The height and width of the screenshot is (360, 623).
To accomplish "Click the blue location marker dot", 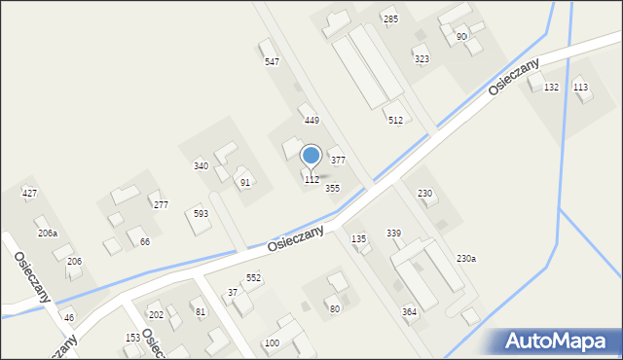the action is click(x=311, y=155).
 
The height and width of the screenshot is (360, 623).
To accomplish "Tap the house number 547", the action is click(x=273, y=62).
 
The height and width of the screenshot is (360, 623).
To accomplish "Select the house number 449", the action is click(x=311, y=121).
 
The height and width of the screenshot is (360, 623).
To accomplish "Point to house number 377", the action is click(x=338, y=160).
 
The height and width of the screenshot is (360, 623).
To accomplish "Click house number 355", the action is click(x=332, y=188).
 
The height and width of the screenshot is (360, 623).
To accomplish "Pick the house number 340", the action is click(x=201, y=166).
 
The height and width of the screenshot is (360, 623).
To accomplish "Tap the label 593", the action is click(x=201, y=213).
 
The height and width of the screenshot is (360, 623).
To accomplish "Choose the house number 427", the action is click(x=30, y=194).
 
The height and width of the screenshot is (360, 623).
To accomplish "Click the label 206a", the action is click(x=48, y=234).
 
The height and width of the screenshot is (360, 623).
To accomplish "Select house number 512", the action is click(x=395, y=121).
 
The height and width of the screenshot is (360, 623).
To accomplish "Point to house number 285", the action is click(x=390, y=19).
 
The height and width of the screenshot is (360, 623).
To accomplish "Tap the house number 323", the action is click(x=421, y=59).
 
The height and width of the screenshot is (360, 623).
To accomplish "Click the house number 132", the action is click(x=551, y=88).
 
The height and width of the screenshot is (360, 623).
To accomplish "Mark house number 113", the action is click(x=580, y=88).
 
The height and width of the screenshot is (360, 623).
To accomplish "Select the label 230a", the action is click(x=466, y=259).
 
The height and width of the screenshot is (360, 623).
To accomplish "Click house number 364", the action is click(x=409, y=311).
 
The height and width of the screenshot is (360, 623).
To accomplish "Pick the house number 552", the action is click(x=253, y=278).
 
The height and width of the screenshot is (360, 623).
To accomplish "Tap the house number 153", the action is click(x=132, y=338).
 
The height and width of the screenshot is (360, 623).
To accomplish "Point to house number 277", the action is click(x=161, y=205).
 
